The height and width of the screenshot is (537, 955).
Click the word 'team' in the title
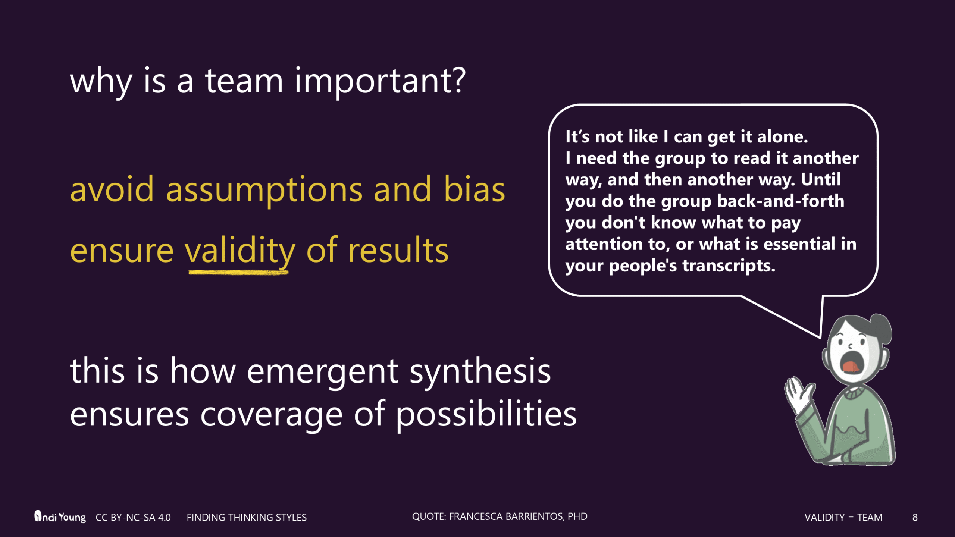(244, 81)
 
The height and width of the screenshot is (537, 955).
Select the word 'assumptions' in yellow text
(264, 190)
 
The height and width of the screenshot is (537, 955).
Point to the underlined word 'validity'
(240, 251)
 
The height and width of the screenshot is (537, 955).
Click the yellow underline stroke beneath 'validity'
(239, 273)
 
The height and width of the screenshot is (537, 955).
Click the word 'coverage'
(271, 415)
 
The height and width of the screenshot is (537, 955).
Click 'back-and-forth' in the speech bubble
(780, 201)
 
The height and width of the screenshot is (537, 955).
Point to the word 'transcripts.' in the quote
(729, 266)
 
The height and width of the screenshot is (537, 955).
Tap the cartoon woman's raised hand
(798, 395)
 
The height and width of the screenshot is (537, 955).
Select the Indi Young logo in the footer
(60, 517)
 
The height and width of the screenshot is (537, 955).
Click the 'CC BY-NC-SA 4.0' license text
(133, 518)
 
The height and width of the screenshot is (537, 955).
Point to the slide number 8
(915, 518)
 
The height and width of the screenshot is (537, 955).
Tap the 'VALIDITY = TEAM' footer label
(843, 518)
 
